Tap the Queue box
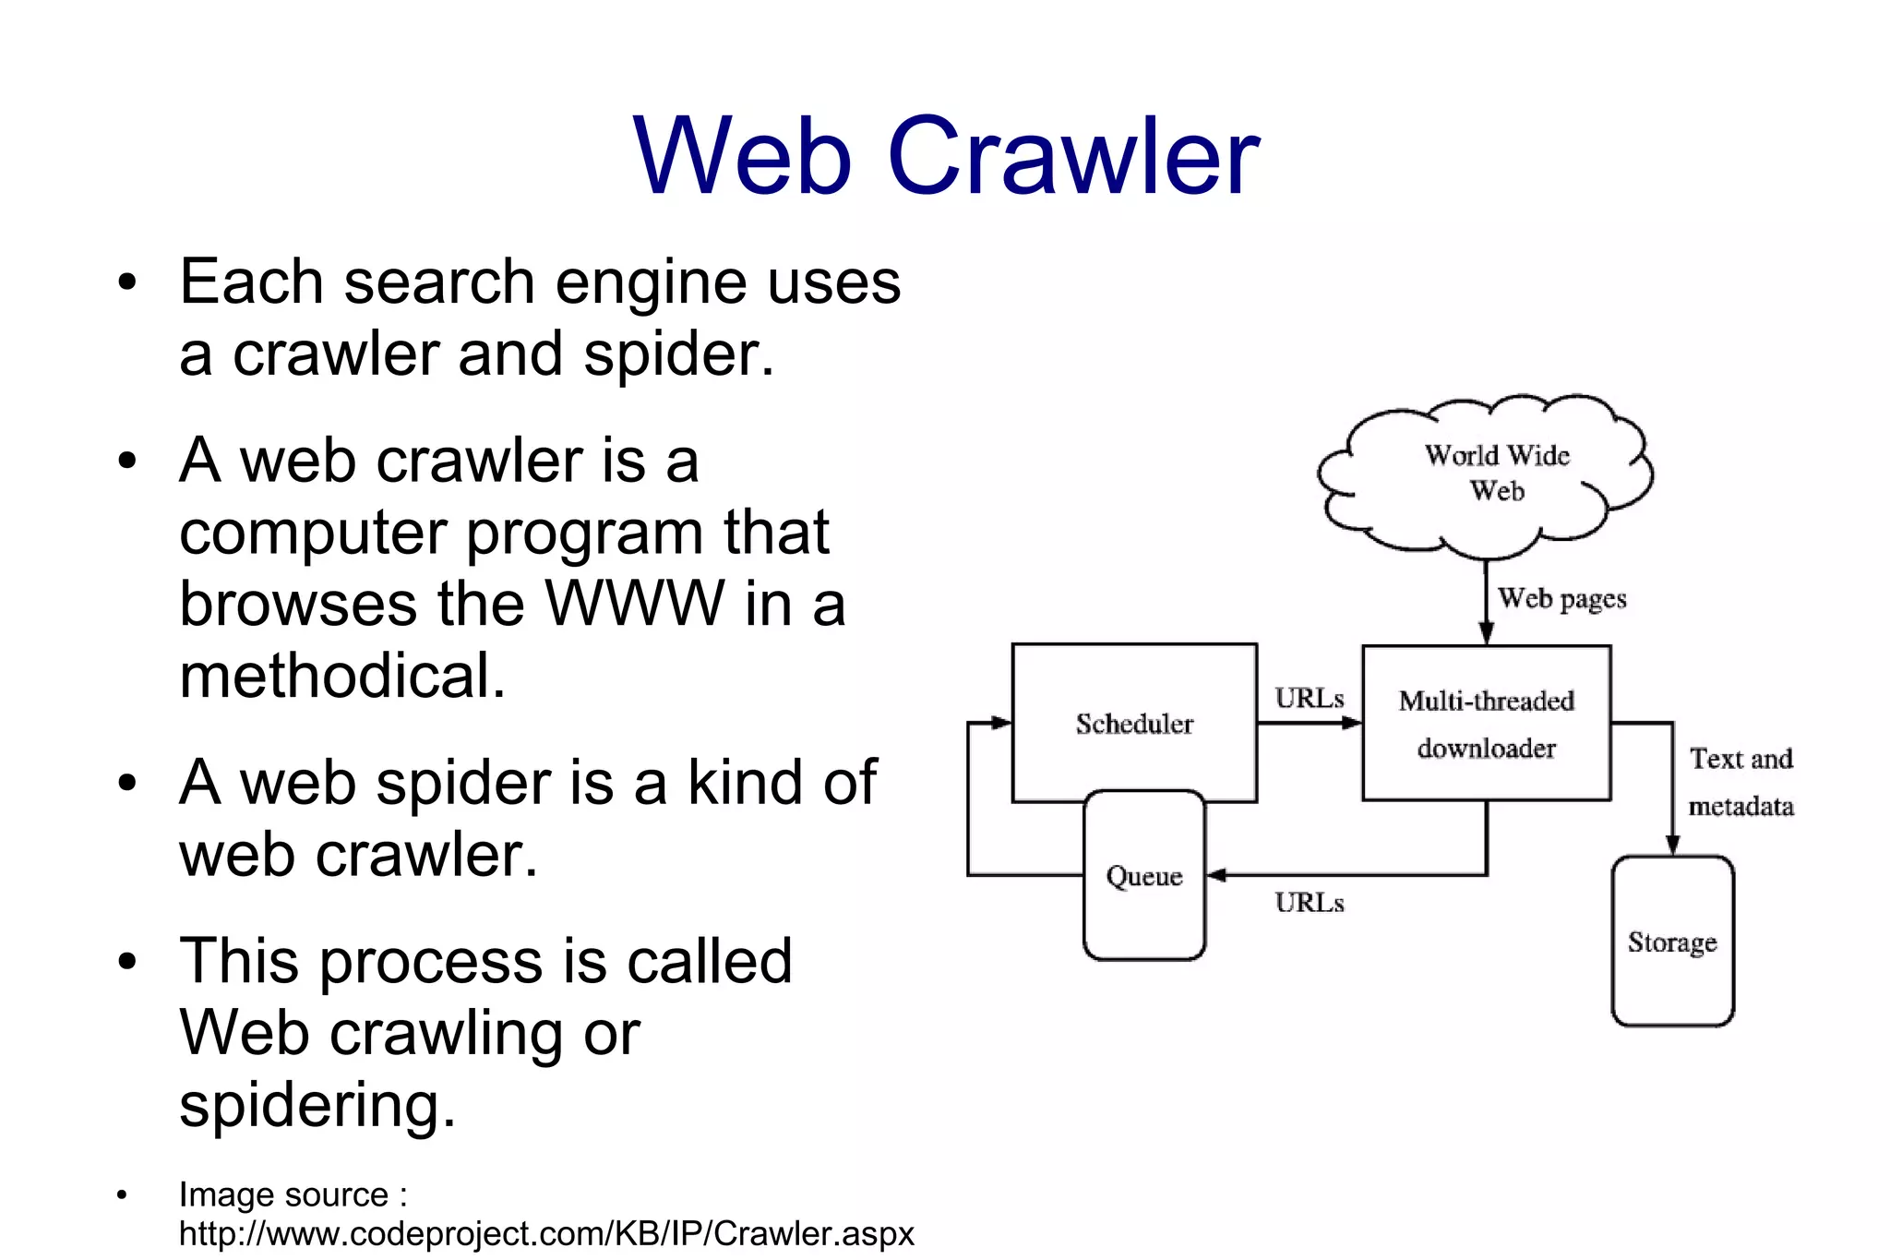coord(1144,875)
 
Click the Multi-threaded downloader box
coord(1486,723)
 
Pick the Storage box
coord(1672,942)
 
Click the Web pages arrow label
coord(1561,599)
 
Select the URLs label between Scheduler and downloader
coord(1310,699)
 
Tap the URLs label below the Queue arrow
coord(1310,903)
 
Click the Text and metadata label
coord(1740,782)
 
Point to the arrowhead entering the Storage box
coord(1672,845)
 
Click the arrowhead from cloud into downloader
coord(1486,632)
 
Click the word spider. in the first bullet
coord(678,354)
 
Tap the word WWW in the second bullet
coord(635,604)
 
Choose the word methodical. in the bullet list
coord(342,676)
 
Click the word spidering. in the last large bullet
coord(317,1105)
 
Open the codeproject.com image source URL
coord(546,1234)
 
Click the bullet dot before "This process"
coord(126,961)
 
